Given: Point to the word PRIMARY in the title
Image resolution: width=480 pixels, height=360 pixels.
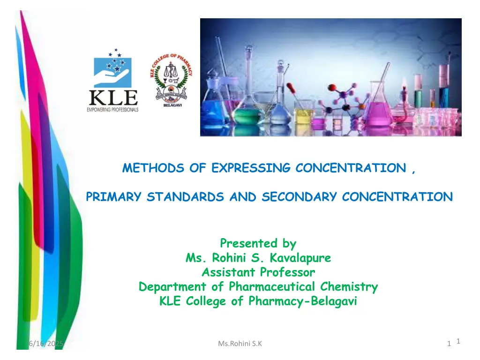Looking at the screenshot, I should coord(114,197).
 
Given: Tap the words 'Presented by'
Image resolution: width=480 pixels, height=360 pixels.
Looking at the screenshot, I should coord(258,244).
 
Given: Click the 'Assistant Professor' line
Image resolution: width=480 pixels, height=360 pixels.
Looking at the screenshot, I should coord(258,272).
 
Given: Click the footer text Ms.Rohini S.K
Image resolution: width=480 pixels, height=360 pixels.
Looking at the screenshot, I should coord(240,344).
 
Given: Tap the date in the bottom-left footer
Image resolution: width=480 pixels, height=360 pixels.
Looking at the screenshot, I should coord(47,344).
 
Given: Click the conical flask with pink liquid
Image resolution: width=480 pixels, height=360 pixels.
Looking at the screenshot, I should coord(378,110).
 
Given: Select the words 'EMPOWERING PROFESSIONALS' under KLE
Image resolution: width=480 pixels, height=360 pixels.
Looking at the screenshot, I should coord(113,109).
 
